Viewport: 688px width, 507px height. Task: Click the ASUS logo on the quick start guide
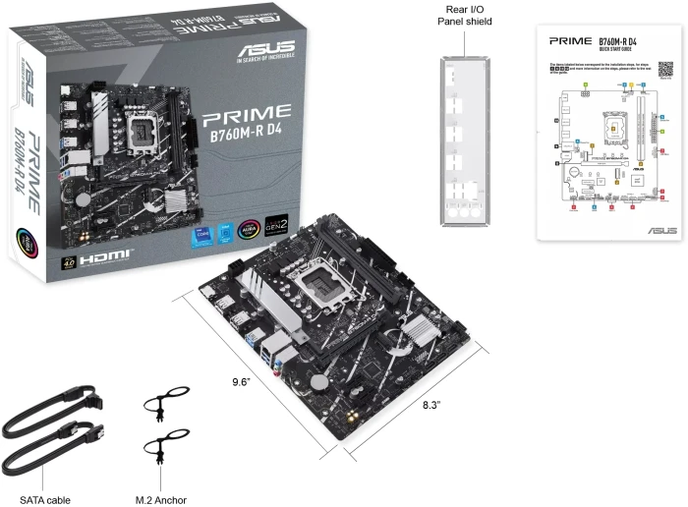[x=658, y=229]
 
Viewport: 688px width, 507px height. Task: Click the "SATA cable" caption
[x=45, y=500]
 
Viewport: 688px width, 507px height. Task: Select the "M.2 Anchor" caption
[x=160, y=500]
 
